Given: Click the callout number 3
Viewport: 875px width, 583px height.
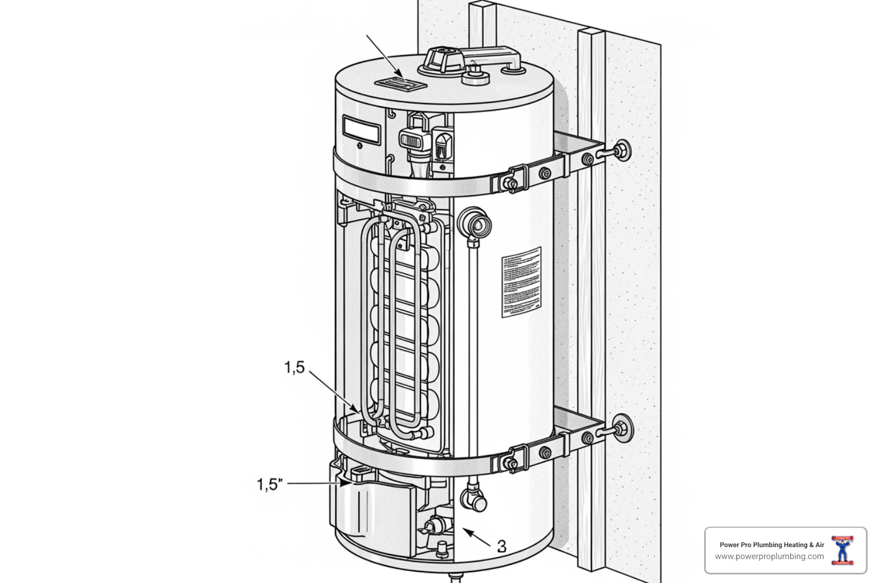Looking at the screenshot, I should [x=501, y=546].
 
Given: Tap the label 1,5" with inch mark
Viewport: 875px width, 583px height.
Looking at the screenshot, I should [x=269, y=485].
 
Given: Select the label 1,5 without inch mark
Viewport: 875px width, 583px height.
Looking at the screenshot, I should [x=295, y=368].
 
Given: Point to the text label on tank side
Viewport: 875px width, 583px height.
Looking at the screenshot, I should [x=521, y=282].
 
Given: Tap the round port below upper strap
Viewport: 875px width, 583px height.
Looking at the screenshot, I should [x=476, y=225].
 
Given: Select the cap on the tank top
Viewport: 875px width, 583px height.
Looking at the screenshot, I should [x=447, y=59].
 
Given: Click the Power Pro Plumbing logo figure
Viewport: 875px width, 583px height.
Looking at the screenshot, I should [x=842, y=550].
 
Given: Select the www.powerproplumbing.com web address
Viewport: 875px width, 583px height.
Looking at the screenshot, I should [x=769, y=556].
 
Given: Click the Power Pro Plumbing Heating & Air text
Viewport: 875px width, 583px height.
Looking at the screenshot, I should [x=771, y=545].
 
